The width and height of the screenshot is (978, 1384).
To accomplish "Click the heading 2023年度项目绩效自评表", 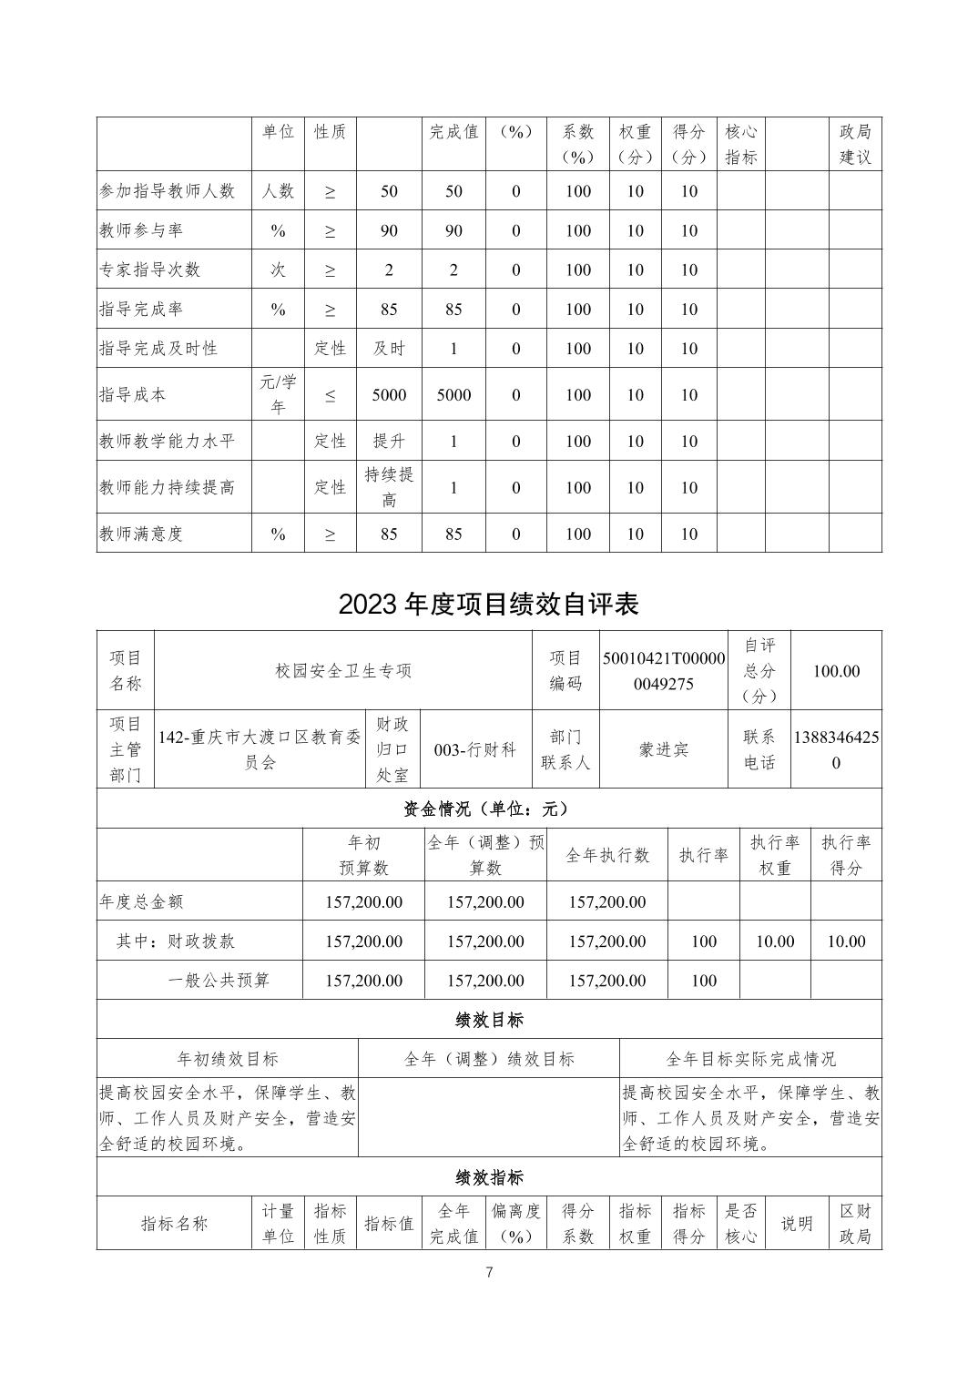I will click(489, 605).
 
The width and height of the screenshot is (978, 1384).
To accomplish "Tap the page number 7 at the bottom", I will click(489, 1272).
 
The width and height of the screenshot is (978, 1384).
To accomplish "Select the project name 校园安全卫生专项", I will click(343, 671).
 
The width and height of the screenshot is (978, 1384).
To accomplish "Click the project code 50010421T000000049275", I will click(664, 671).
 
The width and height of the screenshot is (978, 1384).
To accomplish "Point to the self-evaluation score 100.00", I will click(836, 671).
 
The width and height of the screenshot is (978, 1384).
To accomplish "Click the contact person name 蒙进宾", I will click(664, 749).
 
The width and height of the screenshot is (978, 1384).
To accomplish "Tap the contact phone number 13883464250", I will click(836, 749).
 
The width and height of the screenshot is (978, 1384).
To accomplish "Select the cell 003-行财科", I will click(475, 749).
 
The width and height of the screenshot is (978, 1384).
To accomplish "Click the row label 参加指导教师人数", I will click(168, 191).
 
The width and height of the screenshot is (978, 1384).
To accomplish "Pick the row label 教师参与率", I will click(141, 230).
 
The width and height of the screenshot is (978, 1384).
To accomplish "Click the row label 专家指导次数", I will click(150, 270).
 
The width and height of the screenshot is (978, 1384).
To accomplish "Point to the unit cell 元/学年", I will click(278, 394).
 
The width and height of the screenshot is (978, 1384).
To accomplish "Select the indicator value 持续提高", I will click(389, 487).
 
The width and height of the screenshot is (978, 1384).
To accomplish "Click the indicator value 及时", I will click(389, 348).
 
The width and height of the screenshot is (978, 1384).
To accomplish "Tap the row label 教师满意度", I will click(141, 534).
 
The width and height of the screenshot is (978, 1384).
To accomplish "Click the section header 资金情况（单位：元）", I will click(489, 808).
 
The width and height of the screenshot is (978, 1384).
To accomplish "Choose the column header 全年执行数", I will click(607, 855).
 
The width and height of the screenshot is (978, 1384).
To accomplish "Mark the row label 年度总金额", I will click(141, 901).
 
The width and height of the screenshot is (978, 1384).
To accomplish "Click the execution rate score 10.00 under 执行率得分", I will click(845, 941).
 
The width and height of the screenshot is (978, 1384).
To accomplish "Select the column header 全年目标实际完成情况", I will click(750, 1059).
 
